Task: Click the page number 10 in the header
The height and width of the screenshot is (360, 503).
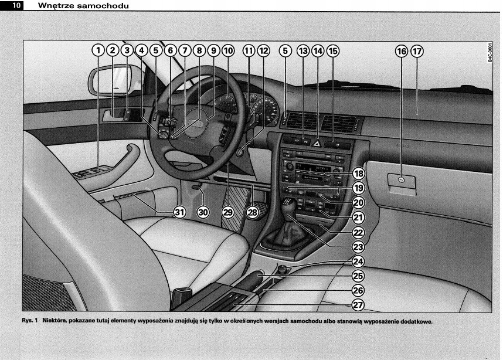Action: (x=15, y=5)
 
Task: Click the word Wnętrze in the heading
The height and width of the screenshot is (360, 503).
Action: (x=55, y=5)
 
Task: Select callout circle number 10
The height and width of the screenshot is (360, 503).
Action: (x=227, y=51)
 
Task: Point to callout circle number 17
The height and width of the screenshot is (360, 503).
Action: (x=417, y=52)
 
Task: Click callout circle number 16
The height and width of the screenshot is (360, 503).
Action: (x=402, y=52)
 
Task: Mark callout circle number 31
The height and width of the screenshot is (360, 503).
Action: (x=179, y=212)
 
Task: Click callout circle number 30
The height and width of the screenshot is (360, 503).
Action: (x=203, y=212)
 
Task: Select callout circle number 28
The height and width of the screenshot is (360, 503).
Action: (x=253, y=212)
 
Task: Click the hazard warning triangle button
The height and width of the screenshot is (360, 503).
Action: (x=317, y=142)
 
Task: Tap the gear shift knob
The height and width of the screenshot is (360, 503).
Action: (x=291, y=206)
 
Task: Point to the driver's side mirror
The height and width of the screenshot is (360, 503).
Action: (x=115, y=80)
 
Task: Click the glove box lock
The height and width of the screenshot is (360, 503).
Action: (x=400, y=181)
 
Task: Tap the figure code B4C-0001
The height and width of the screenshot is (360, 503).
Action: (x=490, y=53)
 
